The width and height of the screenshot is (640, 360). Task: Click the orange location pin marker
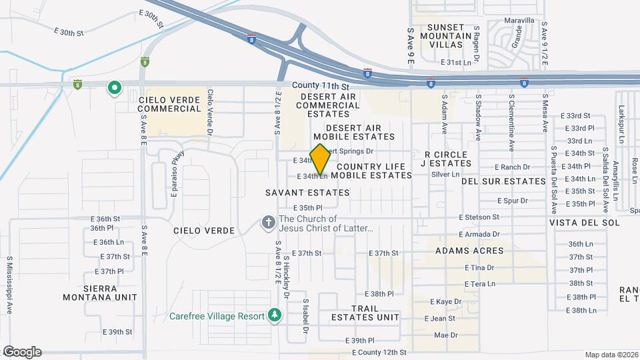320,159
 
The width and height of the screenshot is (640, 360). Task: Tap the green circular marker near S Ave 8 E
115,87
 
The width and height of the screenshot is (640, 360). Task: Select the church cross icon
269,223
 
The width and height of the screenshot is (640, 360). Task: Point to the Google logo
22,351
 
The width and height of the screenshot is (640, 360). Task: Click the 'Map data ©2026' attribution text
611,355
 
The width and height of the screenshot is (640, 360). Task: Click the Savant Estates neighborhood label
307,193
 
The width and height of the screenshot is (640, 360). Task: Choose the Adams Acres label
469,251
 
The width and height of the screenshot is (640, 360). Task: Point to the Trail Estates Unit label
365,313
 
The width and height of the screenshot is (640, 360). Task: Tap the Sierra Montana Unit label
100,293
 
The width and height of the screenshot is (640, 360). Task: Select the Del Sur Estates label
503,181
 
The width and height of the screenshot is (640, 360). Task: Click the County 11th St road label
321,87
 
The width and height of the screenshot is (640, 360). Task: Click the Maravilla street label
519,21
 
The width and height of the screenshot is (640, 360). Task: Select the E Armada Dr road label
479,234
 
